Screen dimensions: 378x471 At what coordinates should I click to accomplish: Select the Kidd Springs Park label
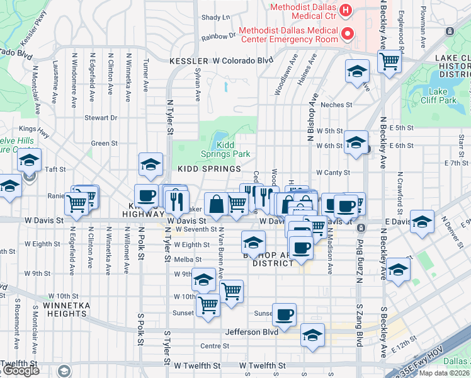225,149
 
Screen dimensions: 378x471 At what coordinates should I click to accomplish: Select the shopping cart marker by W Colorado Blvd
390,62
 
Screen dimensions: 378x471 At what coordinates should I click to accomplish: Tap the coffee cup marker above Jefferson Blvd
284,314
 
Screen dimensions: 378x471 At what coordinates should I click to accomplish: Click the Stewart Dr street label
101,118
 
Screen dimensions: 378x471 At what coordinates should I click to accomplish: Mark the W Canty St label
332,173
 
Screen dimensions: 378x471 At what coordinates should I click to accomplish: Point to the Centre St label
214,346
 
